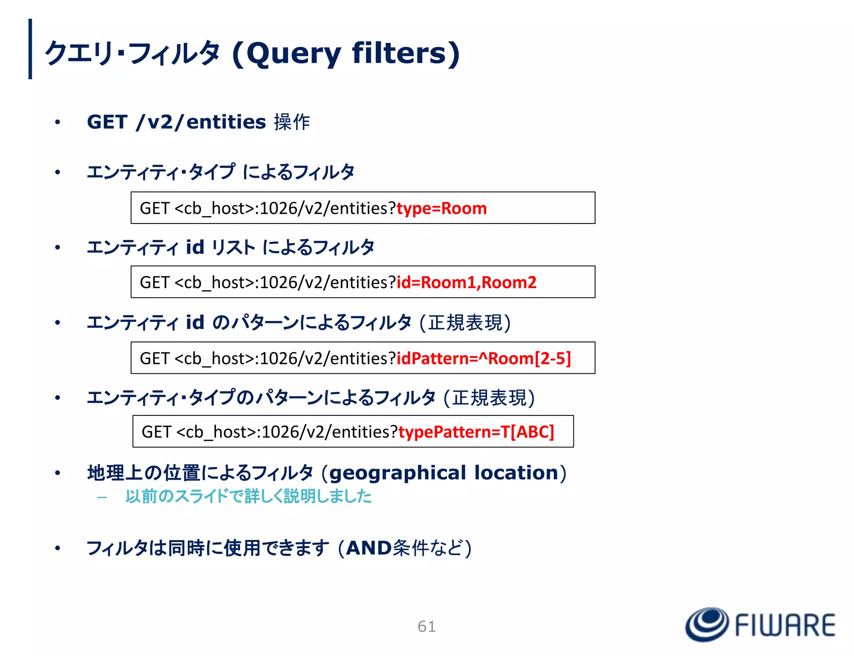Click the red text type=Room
pos(442,208)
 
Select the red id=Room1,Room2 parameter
pos(466,282)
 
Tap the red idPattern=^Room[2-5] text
pos(483,358)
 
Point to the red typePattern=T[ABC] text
pos(476,432)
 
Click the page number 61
pos(427,626)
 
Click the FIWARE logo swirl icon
pos(707,624)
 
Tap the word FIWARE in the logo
pos(785,625)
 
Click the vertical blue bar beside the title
pos(30,49)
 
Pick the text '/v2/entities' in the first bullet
pos(201,122)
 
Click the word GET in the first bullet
pos(107,122)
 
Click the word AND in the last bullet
pos(369,548)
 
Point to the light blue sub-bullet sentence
pos(248,496)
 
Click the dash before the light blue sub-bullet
pos(102,497)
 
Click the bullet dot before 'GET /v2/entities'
pos(58,122)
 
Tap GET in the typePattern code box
pos(156,432)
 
